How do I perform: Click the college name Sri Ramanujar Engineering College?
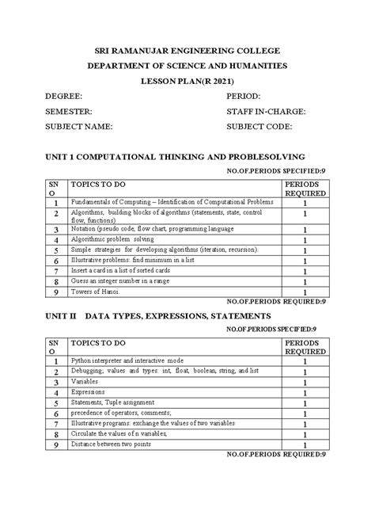[x=187, y=51]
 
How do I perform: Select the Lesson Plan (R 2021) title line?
[x=187, y=82]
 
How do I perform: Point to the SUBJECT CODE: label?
[x=259, y=127]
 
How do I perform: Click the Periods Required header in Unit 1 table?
[x=305, y=187]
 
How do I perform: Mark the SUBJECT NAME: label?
[x=80, y=127]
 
